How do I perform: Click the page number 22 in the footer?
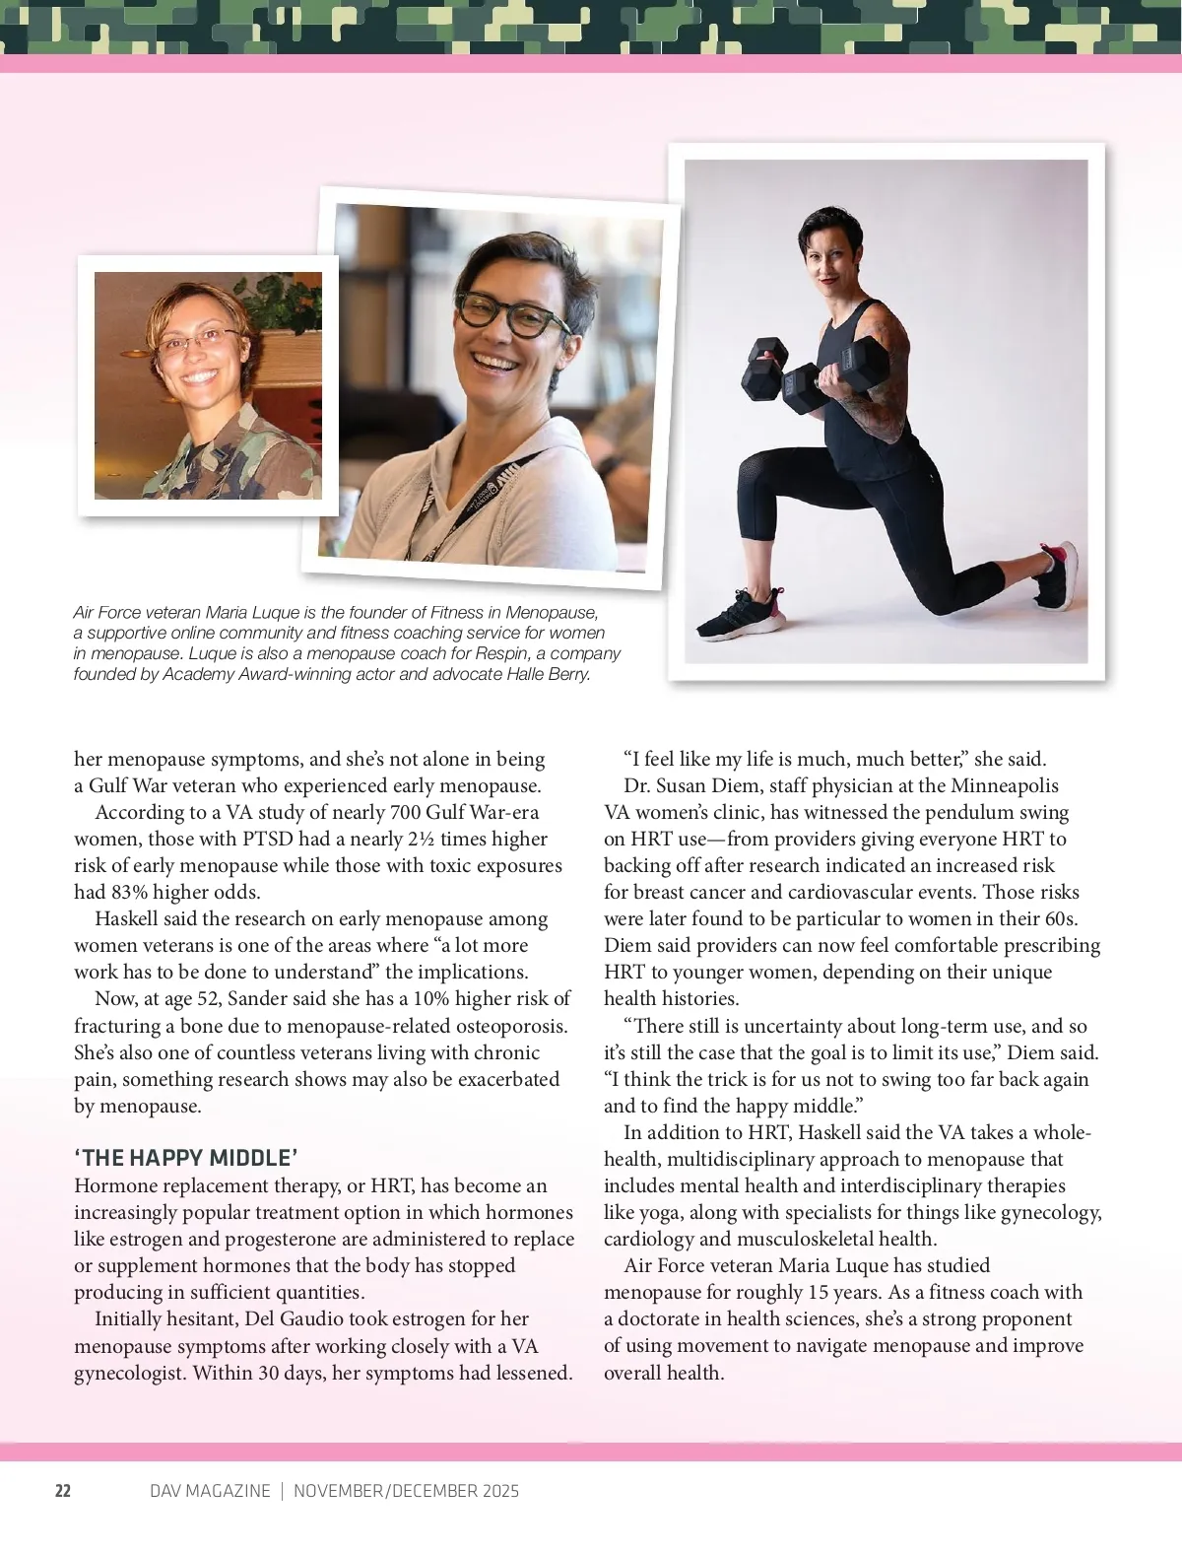62,1491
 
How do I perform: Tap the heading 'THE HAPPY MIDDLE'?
186,1158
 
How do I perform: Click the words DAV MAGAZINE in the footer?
210,1491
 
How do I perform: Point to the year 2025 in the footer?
495,1491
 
